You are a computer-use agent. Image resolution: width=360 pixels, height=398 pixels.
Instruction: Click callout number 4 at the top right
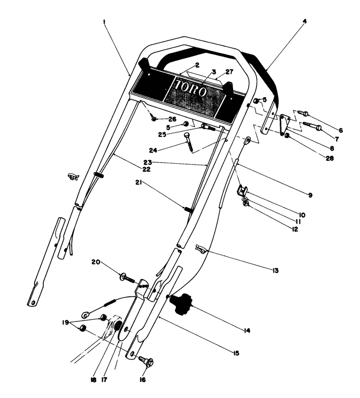pyautogui.click(x=305, y=21)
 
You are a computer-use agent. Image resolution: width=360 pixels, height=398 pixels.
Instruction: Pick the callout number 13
pyautogui.click(x=275, y=271)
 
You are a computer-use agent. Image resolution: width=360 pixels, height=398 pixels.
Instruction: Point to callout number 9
pyautogui.click(x=310, y=195)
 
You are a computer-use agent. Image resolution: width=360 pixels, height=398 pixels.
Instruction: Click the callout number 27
pyautogui.click(x=229, y=71)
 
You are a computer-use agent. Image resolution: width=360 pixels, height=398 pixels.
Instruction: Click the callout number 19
pyautogui.click(x=66, y=322)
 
